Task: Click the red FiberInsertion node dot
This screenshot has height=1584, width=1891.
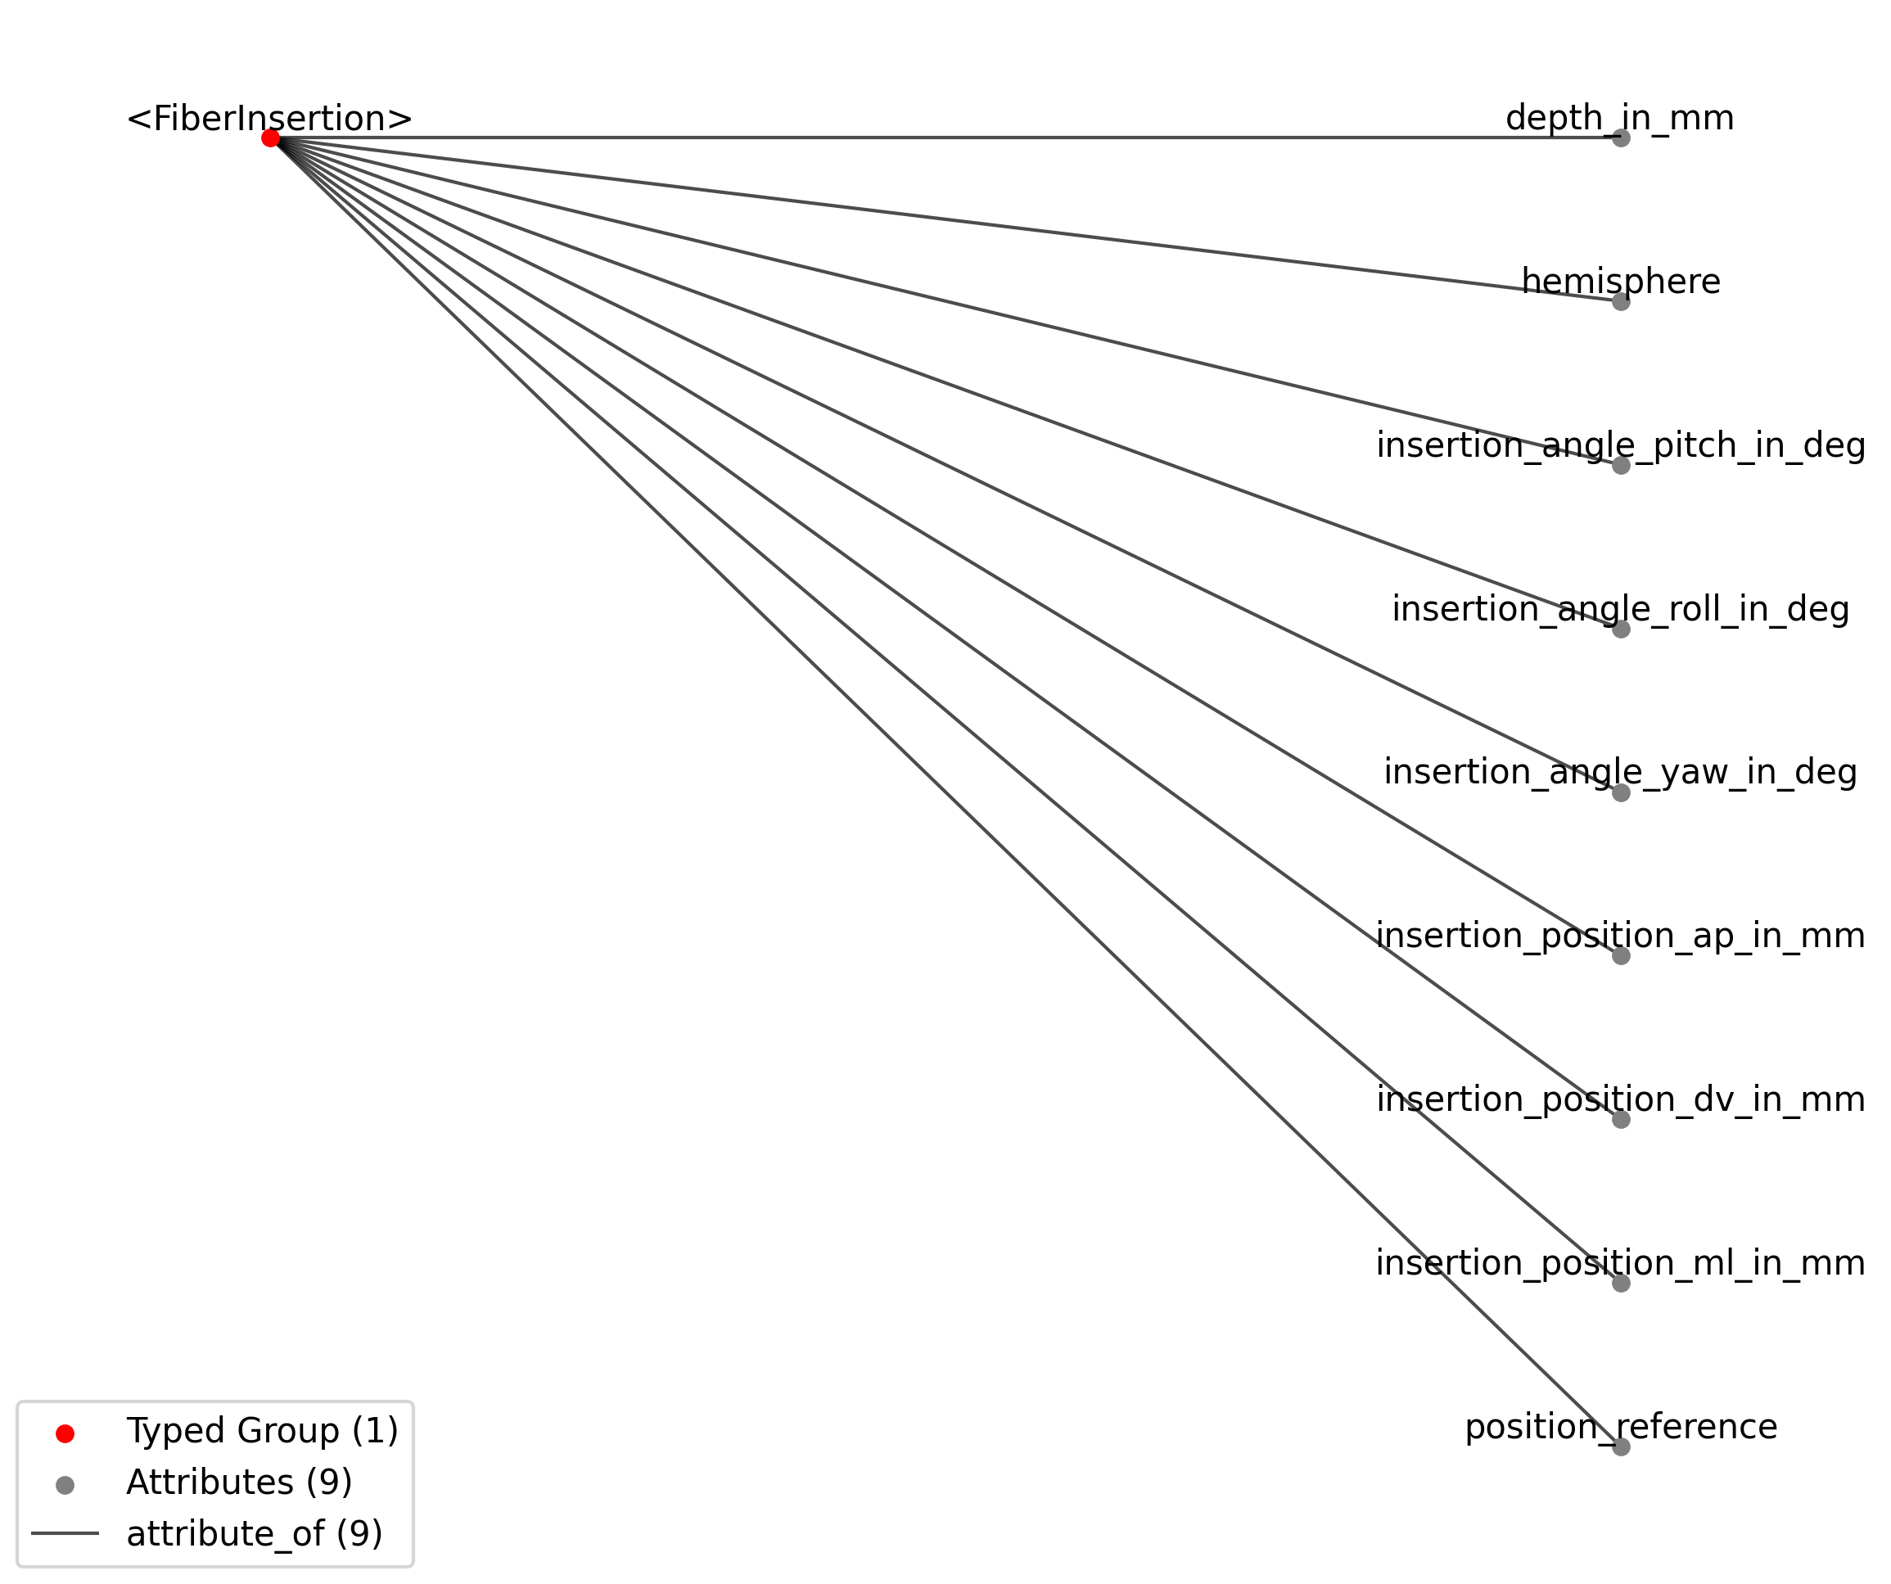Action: click(270, 138)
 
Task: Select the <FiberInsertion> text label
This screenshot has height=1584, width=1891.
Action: click(269, 119)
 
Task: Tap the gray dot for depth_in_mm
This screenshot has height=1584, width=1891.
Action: click(1621, 138)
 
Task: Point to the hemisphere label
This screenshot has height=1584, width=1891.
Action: click(1621, 282)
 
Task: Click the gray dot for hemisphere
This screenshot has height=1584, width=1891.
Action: click(1621, 302)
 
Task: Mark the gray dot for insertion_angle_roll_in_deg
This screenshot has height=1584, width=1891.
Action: click(1621, 629)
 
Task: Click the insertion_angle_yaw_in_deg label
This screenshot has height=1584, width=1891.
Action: click(1621, 773)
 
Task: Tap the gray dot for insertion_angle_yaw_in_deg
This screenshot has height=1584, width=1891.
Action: click(1621, 792)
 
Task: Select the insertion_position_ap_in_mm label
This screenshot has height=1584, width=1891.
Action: click(1621, 936)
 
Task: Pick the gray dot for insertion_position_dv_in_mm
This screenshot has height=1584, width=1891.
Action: click(1621, 1119)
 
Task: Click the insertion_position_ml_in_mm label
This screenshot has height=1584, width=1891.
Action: click(1621, 1263)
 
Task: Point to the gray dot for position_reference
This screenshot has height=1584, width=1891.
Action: click(1621, 1447)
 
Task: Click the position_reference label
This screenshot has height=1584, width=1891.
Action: click(1621, 1428)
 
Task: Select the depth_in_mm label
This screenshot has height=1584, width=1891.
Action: click(1620, 119)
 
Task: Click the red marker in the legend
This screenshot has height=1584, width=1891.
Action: click(65, 1433)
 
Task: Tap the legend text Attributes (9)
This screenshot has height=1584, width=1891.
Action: click(240, 1482)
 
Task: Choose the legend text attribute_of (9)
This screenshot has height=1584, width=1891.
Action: click(255, 1533)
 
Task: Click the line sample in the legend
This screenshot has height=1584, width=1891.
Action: click(65, 1533)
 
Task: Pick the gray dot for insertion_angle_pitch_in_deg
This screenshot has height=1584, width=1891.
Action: click(1621, 466)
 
